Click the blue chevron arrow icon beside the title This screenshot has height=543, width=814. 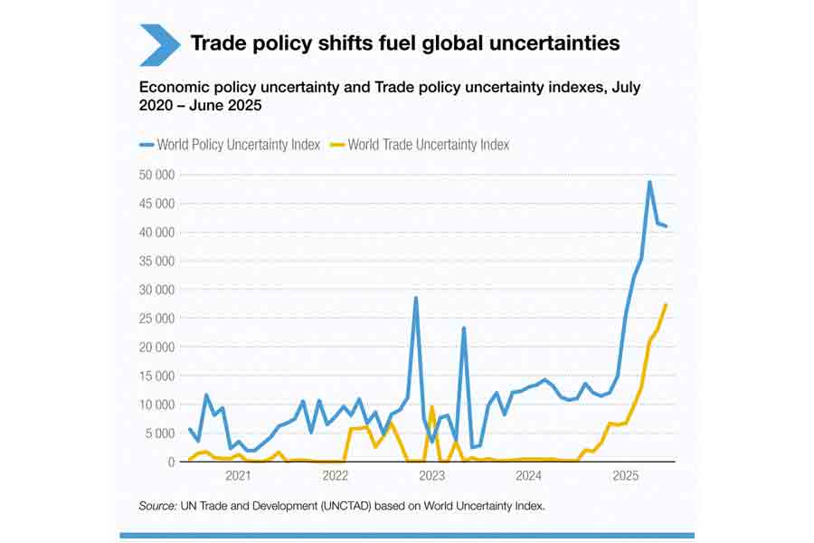pyautogui.click(x=159, y=44)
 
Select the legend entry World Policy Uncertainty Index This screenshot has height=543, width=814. pyautogui.click(x=230, y=145)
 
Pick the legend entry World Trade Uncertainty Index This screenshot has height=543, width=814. pyautogui.click(x=421, y=145)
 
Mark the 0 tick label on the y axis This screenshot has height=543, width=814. pyautogui.click(x=170, y=462)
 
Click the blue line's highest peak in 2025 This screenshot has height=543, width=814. pyautogui.click(x=649, y=182)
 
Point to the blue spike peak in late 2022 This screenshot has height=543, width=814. pyautogui.click(x=416, y=298)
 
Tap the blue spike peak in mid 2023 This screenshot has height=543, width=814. pyautogui.click(x=464, y=328)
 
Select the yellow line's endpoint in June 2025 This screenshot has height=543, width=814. pyautogui.click(x=667, y=304)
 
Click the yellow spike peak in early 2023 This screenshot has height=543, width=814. pyautogui.click(x=432, y=406)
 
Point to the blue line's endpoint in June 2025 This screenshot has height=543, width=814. pyautogui.click(x=667, y=226)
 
